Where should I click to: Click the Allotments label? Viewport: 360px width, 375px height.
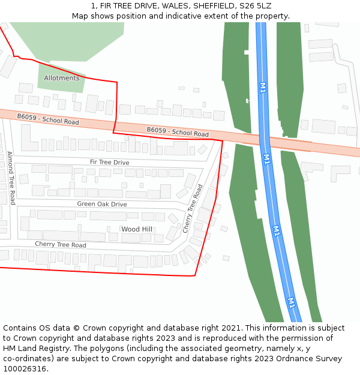pyautogui.click(x=61, y=78)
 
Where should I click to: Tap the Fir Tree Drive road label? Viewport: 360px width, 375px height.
pyautogui.click(x=109, y=163)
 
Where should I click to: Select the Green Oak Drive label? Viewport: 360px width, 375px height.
pyautogui.click(x=102, y=204)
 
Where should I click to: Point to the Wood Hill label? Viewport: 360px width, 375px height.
pyautogui.click(x=137, y=229)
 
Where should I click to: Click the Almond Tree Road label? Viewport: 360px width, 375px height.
pyautogui.click(x=11, y=178)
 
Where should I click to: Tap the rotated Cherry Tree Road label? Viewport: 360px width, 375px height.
pyautogui.click(x=193, y=209)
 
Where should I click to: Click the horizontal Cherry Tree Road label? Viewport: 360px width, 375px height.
pyautogui.click(x=60, y=245)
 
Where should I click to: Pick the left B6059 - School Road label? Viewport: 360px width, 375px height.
pyautogui.click(x=48, y=119)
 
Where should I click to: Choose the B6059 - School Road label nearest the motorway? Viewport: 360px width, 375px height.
pyautogui.click(x=178, y=132)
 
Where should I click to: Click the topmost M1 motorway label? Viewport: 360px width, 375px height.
pyautogui.click(x=262, y=88)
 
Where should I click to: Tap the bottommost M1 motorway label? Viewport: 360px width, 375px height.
pyautogui.click(x=291, y=302)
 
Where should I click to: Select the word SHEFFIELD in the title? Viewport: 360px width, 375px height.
pyautogui.click(x=213, y=6)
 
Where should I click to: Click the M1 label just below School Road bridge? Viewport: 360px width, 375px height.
pyautogui.click(x=267, y=159)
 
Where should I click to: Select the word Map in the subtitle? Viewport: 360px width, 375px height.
pyautogui.click(x=80, y=16)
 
